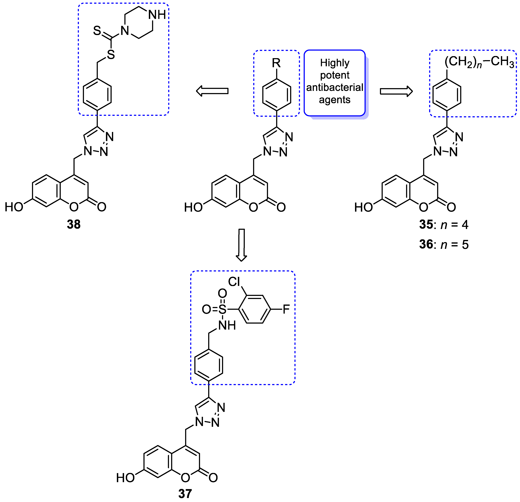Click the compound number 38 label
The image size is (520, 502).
(74, 224)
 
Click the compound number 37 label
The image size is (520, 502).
(185, 494)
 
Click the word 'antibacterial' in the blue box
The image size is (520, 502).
(335, 87)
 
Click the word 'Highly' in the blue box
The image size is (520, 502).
(335, 63)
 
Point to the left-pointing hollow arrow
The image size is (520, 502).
(212, 91)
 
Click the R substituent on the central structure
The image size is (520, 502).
(276, 63)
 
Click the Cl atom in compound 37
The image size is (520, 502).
(234, 282)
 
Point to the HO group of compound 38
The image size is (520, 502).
(14, 207)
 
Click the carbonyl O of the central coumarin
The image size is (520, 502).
(281, 207)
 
